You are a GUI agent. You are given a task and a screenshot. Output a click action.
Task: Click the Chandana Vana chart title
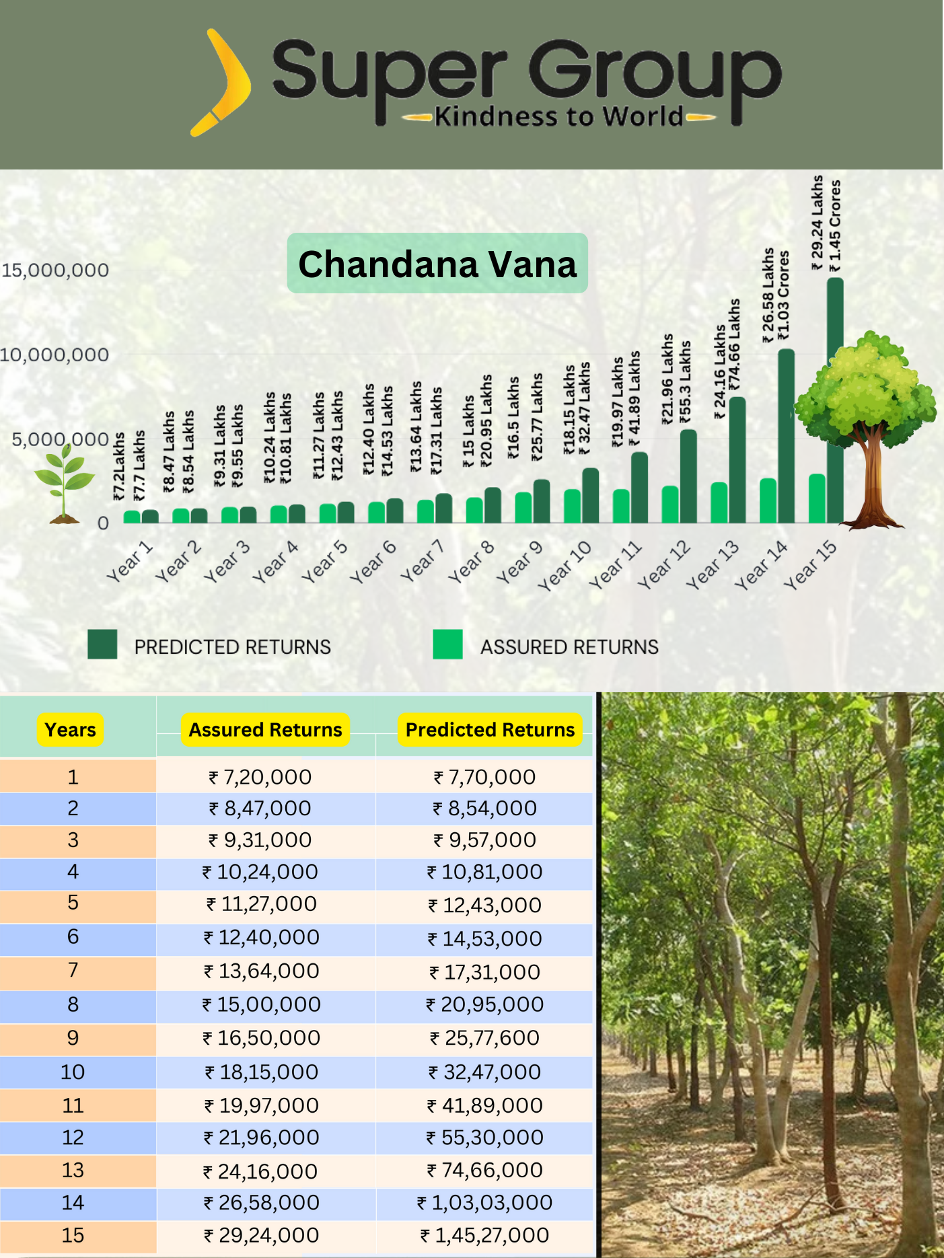click(x=437, y=264)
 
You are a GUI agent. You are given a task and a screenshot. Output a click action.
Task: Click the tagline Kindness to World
click(x=558, y=117)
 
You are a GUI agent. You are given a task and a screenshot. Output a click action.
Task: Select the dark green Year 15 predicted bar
click(x=835, y=400)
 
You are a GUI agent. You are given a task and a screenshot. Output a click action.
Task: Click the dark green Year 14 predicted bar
click(x=786, y=436)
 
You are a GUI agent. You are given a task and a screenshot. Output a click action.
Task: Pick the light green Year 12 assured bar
click(x=670, y=505)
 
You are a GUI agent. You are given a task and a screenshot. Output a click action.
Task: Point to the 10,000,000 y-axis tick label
click(x=54, y=355)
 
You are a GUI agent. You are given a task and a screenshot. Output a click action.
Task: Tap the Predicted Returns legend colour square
click(x=102, y=644)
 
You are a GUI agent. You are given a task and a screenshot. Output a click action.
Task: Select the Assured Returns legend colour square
click(x=447, y=644)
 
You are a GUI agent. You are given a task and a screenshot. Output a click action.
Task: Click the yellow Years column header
click(x=70, y=730)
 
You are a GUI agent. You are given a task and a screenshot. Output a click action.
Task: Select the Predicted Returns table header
click(x=490, y=730)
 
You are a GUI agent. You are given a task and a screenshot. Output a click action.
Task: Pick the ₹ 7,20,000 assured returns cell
click(x=260, y=777)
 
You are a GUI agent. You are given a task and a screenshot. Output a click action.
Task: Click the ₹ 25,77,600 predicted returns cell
click(x=484, y=1038)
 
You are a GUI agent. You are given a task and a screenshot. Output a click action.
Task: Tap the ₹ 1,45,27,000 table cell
click(x=484, y=1235)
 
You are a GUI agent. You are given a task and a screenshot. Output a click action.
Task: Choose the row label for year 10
click(x=73, y=1072)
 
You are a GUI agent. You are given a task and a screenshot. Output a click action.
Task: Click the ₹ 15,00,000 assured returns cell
click(x=262, y=1004)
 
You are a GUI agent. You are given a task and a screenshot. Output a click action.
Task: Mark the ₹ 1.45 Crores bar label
click(x=835, y=226)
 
